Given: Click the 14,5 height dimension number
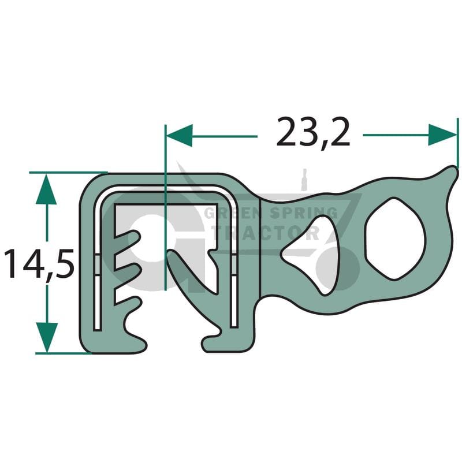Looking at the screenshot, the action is click(x=39, y=264).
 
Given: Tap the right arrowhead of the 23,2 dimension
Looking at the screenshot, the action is click(x=442, y=135).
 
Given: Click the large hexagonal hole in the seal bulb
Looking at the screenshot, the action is click(x=395, y=239).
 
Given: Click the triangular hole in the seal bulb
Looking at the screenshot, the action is click(x=311, y=255).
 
